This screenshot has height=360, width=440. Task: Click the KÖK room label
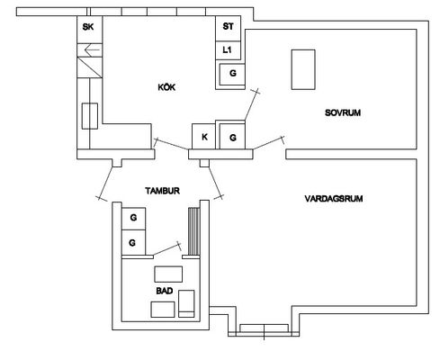coord(166,87)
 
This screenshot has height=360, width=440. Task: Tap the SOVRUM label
coord(343,112)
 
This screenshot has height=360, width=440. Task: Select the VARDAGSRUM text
coord(334,199)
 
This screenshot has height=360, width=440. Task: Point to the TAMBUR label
coord(162,191)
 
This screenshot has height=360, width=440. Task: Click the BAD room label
coord(165,291)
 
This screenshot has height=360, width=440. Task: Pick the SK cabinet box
coord(90,30)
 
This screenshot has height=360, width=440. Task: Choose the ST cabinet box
coord(228,28)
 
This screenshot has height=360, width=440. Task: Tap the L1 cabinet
coord(228,50)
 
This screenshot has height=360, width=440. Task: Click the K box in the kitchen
coord(204,137)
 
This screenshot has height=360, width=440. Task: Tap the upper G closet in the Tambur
coord(133,219)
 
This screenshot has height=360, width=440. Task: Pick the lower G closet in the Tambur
coord(133,242)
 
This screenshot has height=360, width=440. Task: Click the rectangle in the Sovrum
coord(303,69)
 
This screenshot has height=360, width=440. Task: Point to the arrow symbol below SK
coord(93,49)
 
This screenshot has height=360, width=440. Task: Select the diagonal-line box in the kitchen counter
coord(90,67)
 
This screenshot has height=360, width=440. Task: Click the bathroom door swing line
coord(166,249)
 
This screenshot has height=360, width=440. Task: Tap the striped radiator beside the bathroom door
coord(194,231)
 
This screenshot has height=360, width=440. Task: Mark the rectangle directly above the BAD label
coord(168,274)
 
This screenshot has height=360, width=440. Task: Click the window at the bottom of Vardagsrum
coord(264,328)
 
